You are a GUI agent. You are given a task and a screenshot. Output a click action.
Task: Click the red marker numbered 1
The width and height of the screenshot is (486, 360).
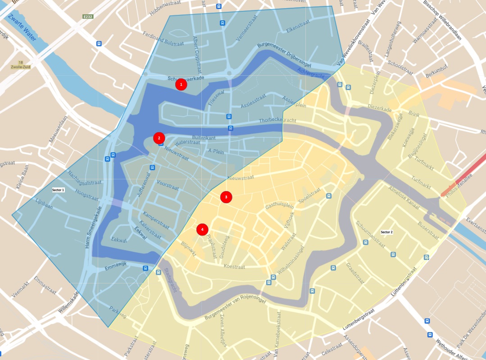[x=181, y=84]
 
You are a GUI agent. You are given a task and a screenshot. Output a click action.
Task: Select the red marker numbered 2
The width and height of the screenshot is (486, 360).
[x=159, y=138]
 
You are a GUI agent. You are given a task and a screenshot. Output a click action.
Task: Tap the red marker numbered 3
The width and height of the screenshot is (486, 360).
[x=226, y=197]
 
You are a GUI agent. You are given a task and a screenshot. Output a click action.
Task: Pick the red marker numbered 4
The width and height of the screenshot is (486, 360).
[x=203, y=229]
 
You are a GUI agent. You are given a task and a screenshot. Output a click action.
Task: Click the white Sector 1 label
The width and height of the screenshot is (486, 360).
[x=59, y=190]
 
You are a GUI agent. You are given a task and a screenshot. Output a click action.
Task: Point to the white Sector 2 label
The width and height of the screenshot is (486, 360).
[x=386, y=232]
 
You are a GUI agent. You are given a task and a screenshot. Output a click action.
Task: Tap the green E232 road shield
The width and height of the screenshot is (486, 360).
[x=88, y=17]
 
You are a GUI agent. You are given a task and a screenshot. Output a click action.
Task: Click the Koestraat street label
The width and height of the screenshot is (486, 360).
[x=234, y=266]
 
